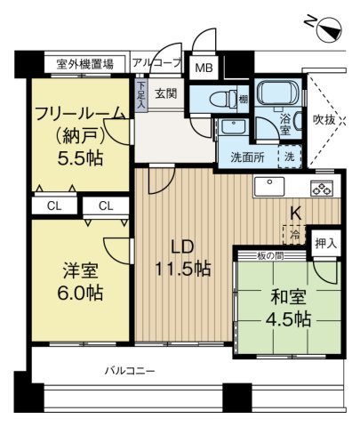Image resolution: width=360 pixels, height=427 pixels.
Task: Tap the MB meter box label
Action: pos(204,68)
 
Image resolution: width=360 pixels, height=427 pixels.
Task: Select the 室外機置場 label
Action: pos(84,64)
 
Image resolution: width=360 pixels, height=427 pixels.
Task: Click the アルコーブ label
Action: pos(156,64)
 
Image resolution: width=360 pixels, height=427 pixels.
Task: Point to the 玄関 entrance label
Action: pos(166,93)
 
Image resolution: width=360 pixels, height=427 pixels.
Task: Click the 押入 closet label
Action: pos(325,242)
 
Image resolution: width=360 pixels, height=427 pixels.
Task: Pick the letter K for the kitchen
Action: pos(296,213)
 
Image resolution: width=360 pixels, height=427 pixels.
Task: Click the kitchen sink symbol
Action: pos(269,186)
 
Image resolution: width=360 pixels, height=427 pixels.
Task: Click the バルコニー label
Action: pos(130,368)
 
